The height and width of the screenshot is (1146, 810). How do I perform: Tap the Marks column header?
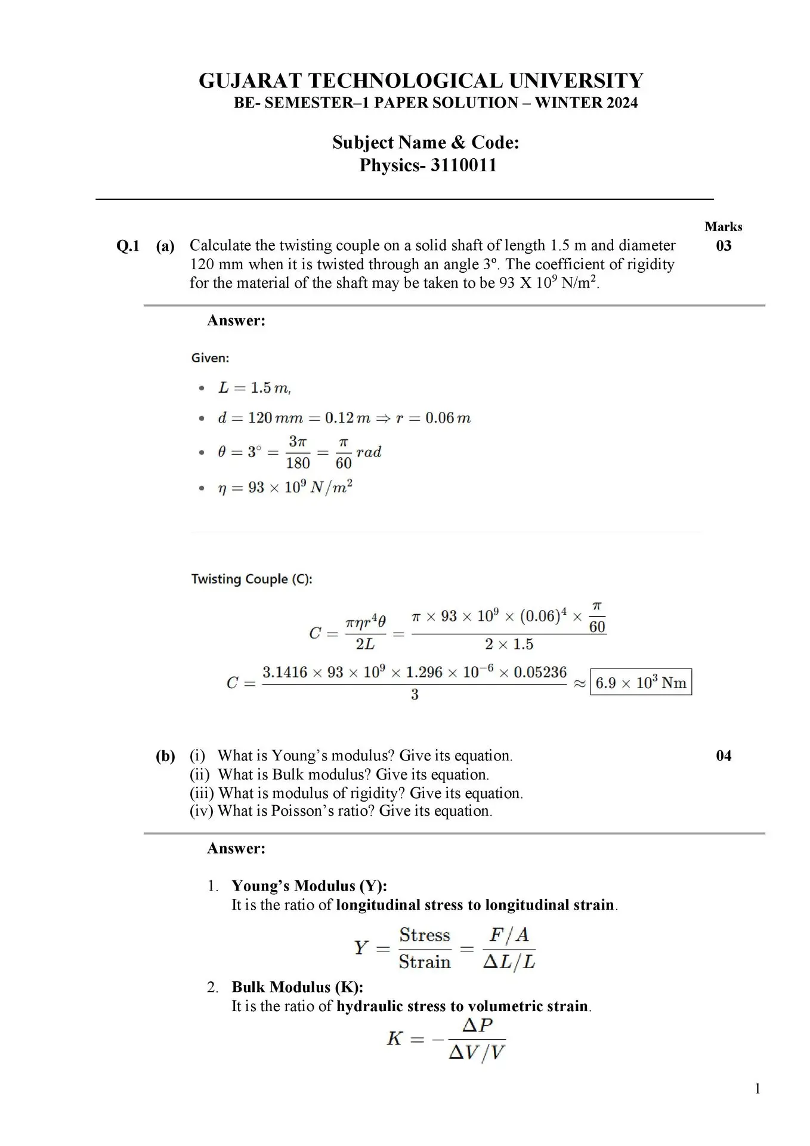[x=723, y=227]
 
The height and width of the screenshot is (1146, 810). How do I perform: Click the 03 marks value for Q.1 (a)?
[x=723, y=246]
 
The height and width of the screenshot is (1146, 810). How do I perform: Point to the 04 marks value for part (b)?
[x=723, y=756]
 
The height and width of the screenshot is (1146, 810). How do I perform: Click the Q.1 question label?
[x=128, y=246]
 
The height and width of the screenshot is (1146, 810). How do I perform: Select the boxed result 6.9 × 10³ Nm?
[x=641, y=682]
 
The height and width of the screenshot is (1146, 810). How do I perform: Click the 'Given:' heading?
[x=210, y=358]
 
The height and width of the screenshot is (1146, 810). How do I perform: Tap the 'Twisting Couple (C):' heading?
[x=252, y=579]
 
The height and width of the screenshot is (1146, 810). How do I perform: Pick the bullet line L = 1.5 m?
[x=254, y=388]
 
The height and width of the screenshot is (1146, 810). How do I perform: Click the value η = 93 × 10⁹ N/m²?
[x=285, y=488]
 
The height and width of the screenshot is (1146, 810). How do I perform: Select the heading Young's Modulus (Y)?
[x=309, y=886]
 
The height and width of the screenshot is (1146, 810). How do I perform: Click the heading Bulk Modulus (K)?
[x=297, y=987]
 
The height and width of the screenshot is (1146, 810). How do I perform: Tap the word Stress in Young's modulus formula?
[x=425, y=935]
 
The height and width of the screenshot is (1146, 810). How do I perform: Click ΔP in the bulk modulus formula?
[x=477, y=1025]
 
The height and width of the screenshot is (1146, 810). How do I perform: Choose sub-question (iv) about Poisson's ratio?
[x=341, y=811]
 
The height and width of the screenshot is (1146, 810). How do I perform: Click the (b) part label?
[x=165, y=756]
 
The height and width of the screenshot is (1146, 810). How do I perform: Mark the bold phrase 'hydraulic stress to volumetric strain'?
[x=462, y=1006]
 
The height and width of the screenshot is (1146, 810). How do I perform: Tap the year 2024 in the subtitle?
[x=622, y=103]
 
